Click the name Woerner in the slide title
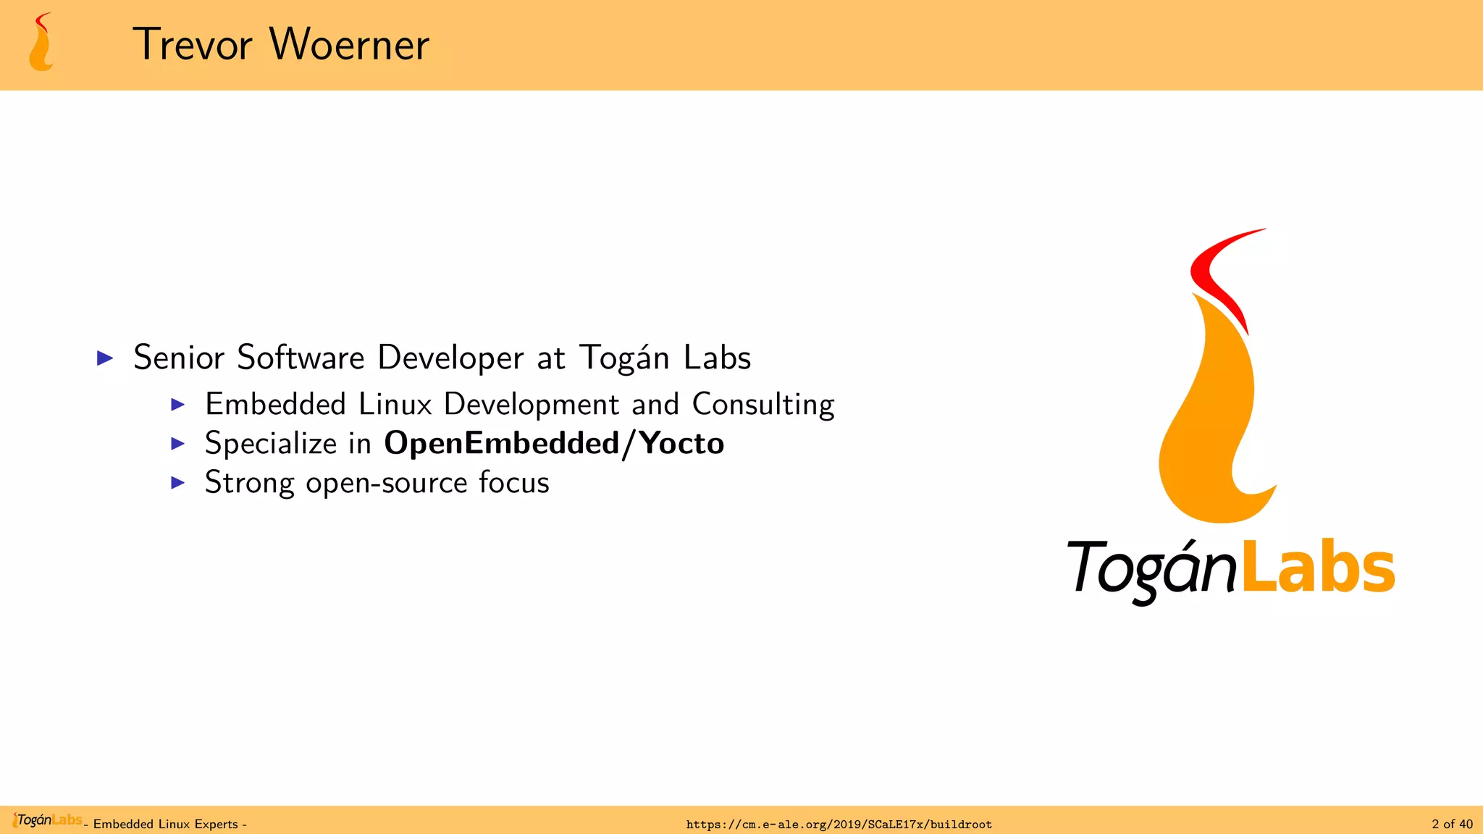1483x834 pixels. (350, 45)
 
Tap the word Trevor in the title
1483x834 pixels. (193, 45)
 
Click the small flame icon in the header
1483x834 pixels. (41, 43)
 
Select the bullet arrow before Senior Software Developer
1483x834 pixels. (106, 358)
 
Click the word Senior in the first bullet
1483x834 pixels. (179, 358)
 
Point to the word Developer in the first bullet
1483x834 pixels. (450, 358)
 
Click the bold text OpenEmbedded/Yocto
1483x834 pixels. (554, 443)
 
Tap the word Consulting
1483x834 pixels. (763, 405)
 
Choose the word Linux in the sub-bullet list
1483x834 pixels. (395, 404)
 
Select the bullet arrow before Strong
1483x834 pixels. (178, 483)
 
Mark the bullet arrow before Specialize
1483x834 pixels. (178, 443)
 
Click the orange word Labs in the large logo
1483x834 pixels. (1319, 568)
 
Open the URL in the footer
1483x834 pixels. (839, 825)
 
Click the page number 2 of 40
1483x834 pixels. (1452, 824)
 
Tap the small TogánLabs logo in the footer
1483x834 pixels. (48, 820)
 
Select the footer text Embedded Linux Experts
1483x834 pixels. (166, 825)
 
